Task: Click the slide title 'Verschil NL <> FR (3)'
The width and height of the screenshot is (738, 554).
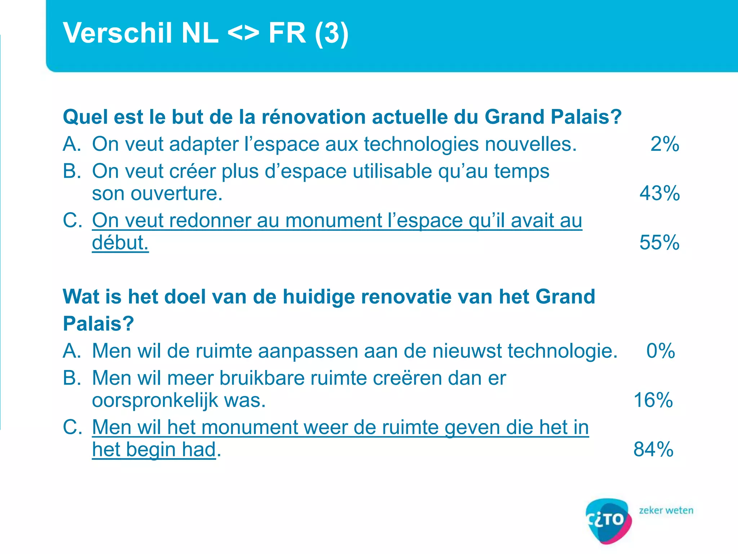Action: (x=205, y=33)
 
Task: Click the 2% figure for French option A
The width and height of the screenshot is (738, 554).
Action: (x=664, y=144)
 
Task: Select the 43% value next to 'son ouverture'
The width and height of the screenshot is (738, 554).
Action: (x=659, y=193)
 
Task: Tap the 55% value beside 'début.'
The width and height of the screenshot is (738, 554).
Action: (x=659, y=242)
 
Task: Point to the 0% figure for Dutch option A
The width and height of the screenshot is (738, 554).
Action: (x=661, y=351)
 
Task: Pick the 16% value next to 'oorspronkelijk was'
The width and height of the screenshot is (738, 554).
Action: (x=653, y=400)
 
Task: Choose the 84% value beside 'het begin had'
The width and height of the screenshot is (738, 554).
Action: (x=653, y=450)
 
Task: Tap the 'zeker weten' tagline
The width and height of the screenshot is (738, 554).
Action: (x=666, y=511)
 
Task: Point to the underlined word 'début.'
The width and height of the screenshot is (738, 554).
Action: (x=120, y=243)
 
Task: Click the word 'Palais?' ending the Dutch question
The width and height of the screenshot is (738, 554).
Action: (x=98, y=324)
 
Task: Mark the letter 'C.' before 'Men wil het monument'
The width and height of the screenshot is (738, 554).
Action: (x=72, y=427)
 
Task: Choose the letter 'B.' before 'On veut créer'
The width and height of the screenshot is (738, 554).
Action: (x=72, y=171)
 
